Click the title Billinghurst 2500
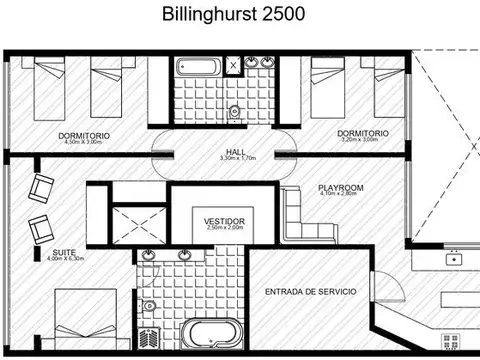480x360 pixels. tap(240, 16)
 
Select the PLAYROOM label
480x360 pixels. tap(340, 187)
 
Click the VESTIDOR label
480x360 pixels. tap(224, 220)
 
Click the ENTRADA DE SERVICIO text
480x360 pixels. tap(310, 292)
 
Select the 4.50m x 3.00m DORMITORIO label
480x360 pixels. tap(83, 135)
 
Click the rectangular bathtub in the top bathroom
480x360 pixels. tap(202, 71)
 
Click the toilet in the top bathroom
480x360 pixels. tap(234, 111)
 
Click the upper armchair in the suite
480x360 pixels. tap(40, 187)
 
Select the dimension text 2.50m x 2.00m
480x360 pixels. tap(224, 228)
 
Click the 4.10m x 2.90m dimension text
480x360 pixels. tap(340, 195)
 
